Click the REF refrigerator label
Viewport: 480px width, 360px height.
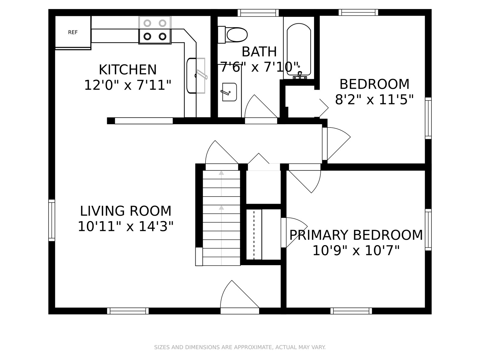click(73, 32)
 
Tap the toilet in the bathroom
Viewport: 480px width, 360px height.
click(233, 34)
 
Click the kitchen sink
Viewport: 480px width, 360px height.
click(196, 76)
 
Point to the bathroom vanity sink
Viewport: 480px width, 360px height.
click(229, 92)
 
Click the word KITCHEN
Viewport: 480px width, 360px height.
click(128, 70)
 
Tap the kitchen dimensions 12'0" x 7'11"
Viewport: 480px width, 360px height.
click(128, 85)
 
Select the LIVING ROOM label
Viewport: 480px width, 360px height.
click(125, 211)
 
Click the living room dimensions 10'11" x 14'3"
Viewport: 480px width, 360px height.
click(125, 226)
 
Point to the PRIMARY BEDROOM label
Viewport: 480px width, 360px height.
click(356, 235)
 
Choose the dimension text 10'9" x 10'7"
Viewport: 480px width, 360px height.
click(356, 250)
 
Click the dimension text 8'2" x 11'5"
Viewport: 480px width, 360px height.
click(374, 100)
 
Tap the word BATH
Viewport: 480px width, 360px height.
click(259, 52)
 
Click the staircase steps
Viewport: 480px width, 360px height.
click(221, 218)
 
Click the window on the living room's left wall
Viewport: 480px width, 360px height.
click(52, 220)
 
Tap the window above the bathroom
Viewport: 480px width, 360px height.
click(258, 13)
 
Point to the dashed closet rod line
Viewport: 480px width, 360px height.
click(254, 235)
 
